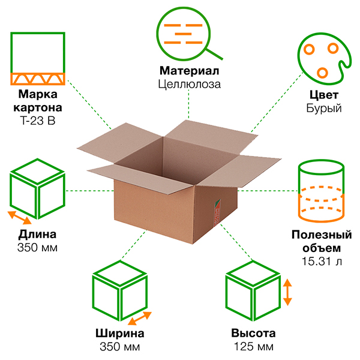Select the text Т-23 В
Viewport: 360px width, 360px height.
click(x=37, y=121)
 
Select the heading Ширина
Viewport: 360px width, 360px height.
click(x=119, y=334)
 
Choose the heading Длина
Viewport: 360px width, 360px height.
click(x=37, y=235)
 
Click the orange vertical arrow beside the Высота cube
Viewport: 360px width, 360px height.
click(x=288, y=292)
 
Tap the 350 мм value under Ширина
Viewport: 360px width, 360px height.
click(x=119, y=347)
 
